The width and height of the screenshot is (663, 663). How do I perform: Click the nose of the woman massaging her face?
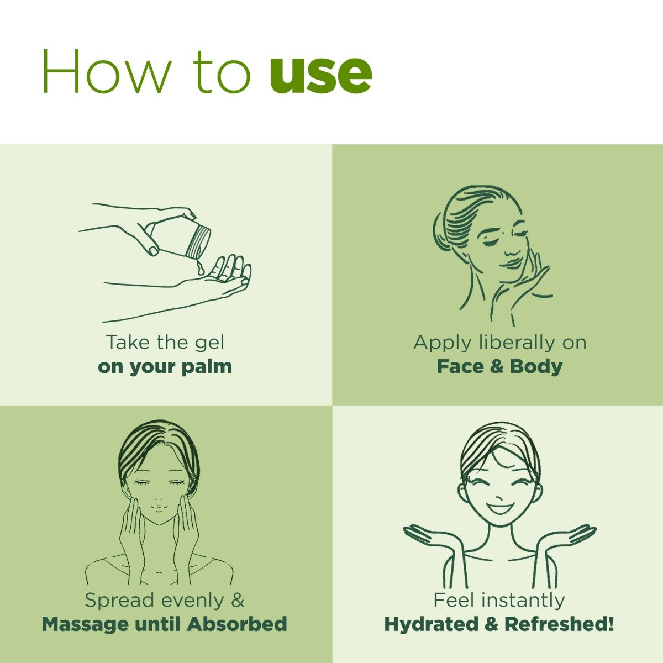pyautogui.click(x=159, y=499)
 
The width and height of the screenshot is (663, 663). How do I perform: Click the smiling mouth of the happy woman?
pyautogui.click(x=499, y=508)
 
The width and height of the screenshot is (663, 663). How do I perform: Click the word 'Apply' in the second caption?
pyautogui.click(x=442, y=343)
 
